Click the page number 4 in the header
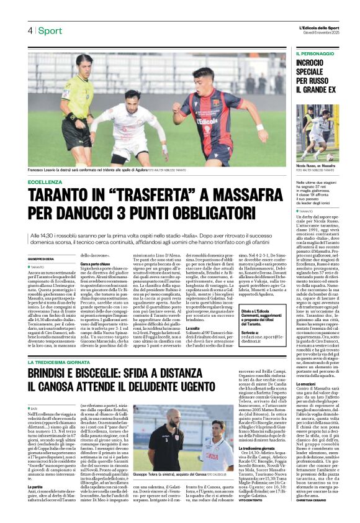click(29, 31)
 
